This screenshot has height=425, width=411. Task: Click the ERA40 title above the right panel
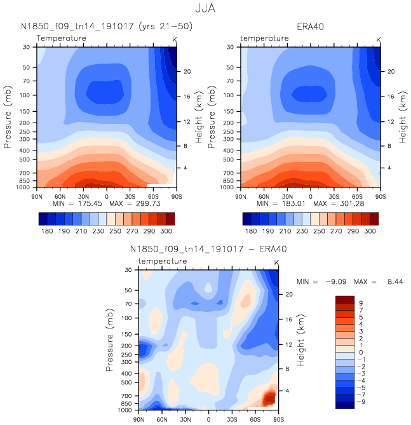[x=309, y=27]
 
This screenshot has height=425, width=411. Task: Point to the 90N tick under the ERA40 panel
[x=241, y=195]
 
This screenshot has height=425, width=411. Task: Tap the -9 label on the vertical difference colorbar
[x=362, y=402]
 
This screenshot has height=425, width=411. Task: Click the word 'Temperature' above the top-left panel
[x=61, y=39]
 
